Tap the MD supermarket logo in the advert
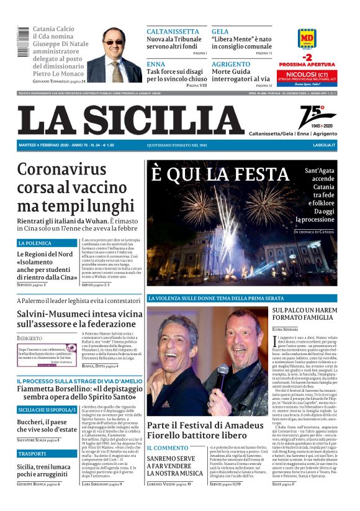coord(305,38)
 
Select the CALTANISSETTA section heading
coord(173,31)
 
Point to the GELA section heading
coord(220,31)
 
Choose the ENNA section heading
coord(156,64)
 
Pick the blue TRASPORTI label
coord(35,454)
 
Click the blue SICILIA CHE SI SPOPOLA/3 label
coord(47,410)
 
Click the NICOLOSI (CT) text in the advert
coord(317,73)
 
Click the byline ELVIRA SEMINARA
coord(286,328)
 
